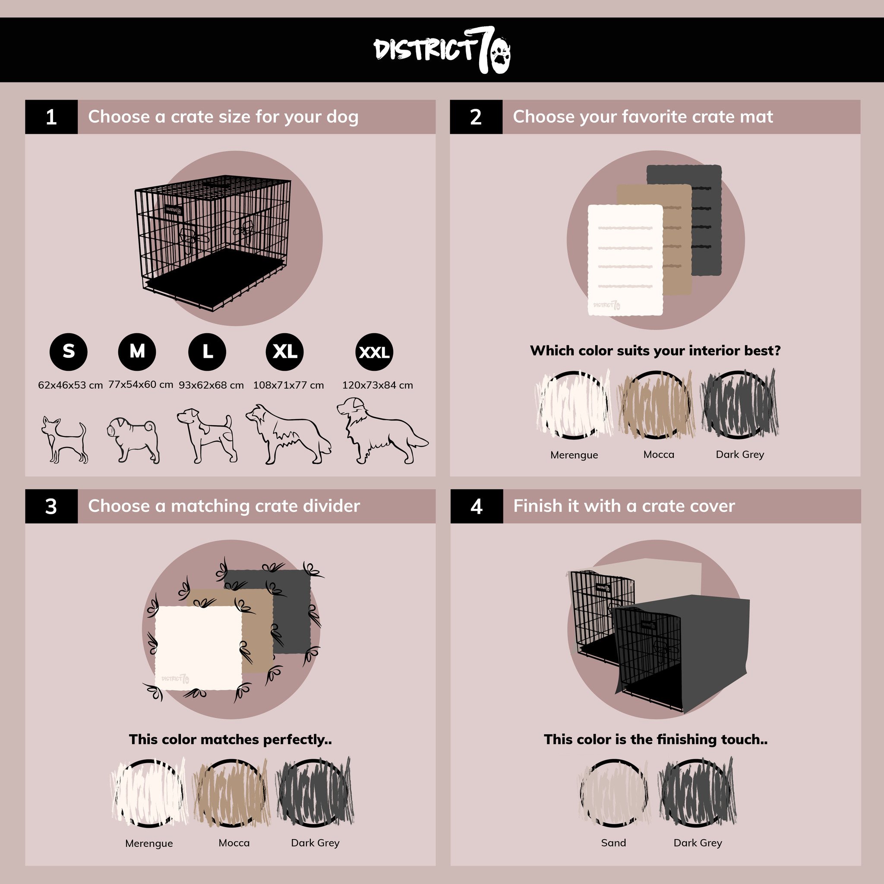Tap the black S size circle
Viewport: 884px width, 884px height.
click(69, 351)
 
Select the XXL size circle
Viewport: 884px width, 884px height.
click(374, 352)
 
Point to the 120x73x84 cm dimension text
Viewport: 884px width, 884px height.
click(378, 385)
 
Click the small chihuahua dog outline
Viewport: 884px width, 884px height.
click(63, 440)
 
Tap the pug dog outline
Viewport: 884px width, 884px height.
click(134, 440)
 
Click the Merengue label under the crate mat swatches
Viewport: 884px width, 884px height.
click(574, 455)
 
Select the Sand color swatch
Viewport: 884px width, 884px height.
click(614, 793)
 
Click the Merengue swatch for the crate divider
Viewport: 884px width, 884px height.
click(149, 793)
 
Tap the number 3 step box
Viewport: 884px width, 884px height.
click(51, 506)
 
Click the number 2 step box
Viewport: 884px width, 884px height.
click(476, 117)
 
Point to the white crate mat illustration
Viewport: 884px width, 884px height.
click(625, 260)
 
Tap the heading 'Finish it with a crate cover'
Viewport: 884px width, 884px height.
click(624, 506)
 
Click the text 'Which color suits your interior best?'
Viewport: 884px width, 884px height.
click(655, 350)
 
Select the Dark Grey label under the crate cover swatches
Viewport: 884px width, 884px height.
click(698, 843)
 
